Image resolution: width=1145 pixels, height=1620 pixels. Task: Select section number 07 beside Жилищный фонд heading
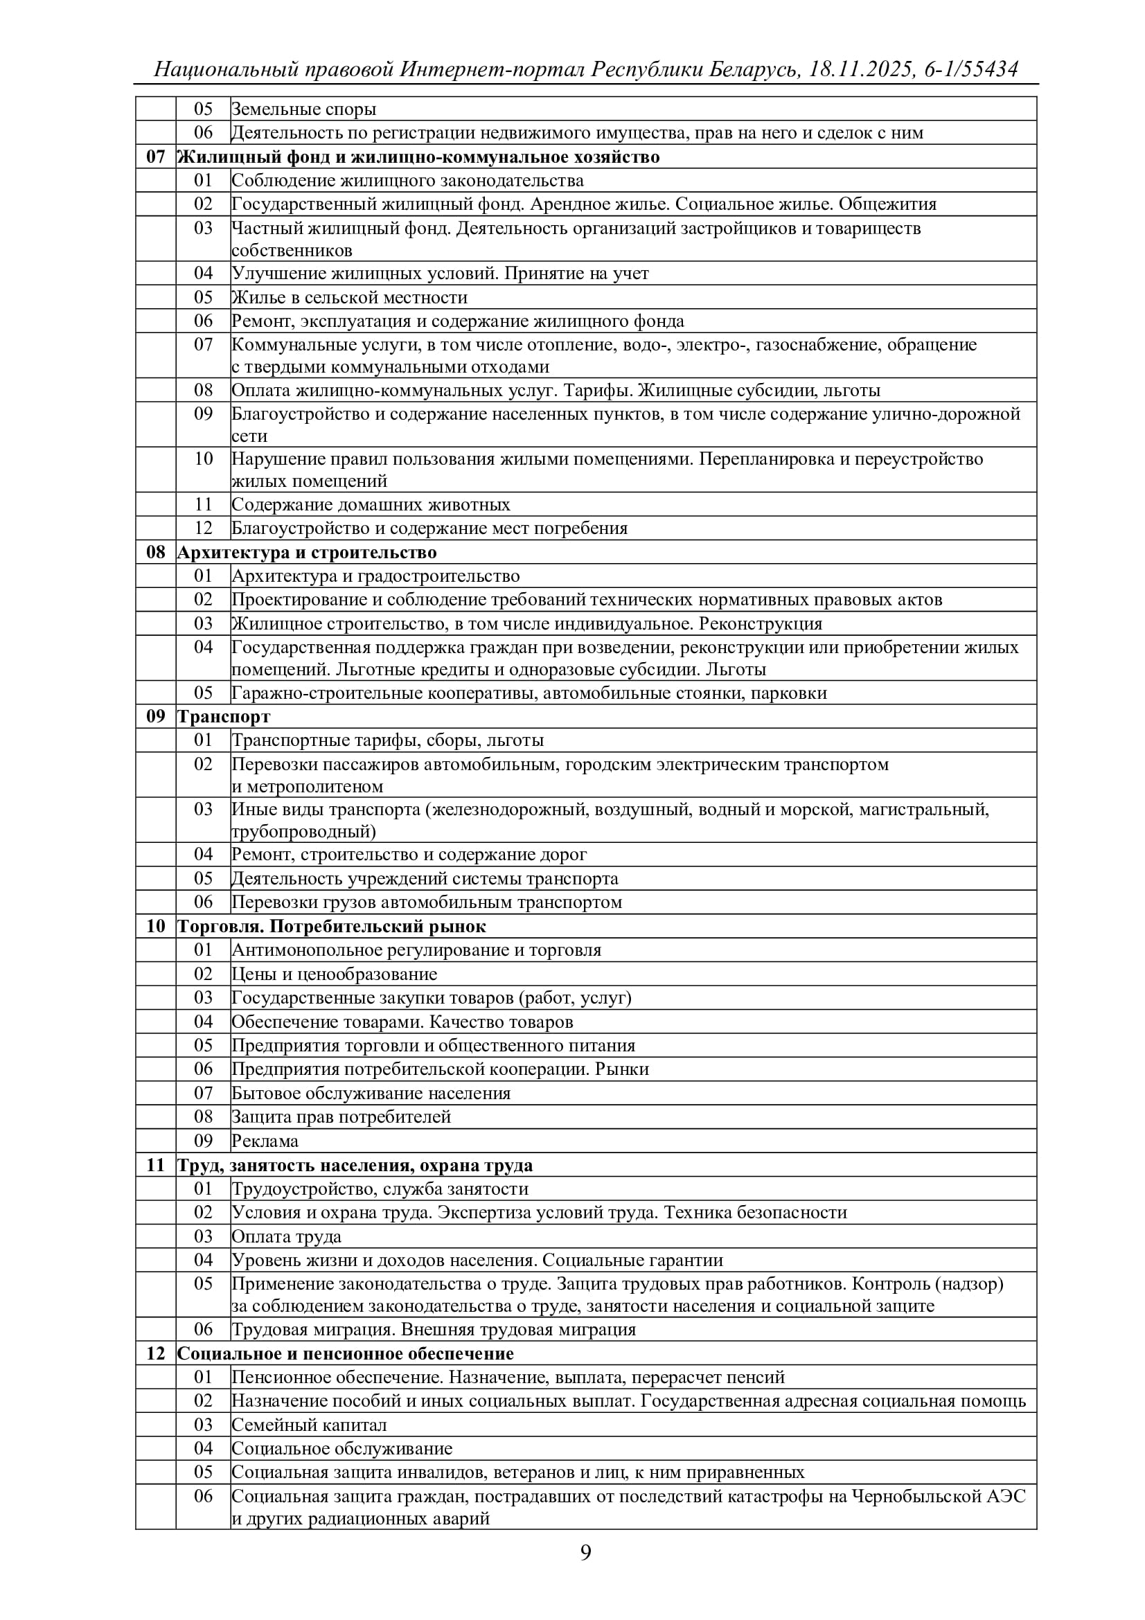click(155, 157)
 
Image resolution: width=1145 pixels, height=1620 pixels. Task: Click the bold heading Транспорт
click(224, 716)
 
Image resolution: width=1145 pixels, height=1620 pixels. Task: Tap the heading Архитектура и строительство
click(307, 552)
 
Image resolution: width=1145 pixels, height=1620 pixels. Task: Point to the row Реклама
click(265, 1141)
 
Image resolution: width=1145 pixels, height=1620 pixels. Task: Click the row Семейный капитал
click(309, 1425)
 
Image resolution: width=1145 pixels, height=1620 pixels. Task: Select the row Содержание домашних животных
click(371, 504)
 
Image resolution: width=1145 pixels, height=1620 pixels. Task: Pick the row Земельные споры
click(303, 109)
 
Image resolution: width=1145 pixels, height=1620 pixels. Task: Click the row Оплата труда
click(287, 1236)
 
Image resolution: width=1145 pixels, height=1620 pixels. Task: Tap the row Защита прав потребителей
click(341, 1117)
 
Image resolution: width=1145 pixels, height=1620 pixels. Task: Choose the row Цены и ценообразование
click(335, 974)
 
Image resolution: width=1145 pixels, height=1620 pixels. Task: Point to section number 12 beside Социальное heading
click(155, 1353)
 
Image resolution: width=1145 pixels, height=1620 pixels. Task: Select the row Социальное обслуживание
click(342, 1448)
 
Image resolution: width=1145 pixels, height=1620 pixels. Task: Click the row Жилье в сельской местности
click(349, 297)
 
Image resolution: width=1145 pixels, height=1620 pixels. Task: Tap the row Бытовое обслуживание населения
click(371, 1093)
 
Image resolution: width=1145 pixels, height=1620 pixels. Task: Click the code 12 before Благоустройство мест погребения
click(203, 528)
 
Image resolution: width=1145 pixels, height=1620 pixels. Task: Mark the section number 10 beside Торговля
click(155, 926)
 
